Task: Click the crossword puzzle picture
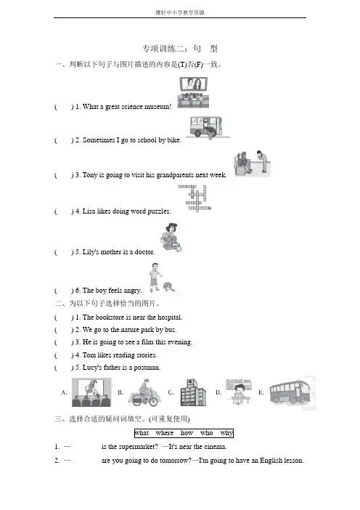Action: [x=195, y=198]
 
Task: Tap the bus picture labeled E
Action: [x=290, y=392]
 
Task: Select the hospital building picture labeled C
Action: [x=193, y=392]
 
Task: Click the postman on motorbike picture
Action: [x=144, y=392]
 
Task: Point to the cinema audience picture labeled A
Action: [x=91, y=392]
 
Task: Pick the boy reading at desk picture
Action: [x=239, y=392]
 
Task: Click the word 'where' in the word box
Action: [x=165, y=433]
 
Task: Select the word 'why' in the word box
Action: [x=226, y=433]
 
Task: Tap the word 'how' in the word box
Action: [x=187, y=433]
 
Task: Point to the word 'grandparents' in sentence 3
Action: [x=175, y=175]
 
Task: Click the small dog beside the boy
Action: [x=169, y=286]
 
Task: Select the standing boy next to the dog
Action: [x=155, y=277]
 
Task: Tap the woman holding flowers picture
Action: [x=171, y=237]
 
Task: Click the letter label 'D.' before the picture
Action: [x=218, y=392]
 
